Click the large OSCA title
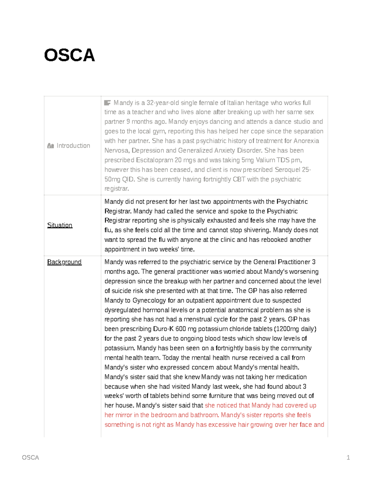pos(69,55)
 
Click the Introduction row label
pos(73,146)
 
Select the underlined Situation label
pos(60,225)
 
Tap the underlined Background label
pos(64,262)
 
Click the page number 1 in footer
pos(348,457)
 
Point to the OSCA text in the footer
pos(30,457)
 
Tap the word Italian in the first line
pos(236,103)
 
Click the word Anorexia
pos(306,141)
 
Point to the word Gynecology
pos(149,300)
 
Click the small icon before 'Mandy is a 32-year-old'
pos(108,103)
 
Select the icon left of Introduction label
pos(51,146)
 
